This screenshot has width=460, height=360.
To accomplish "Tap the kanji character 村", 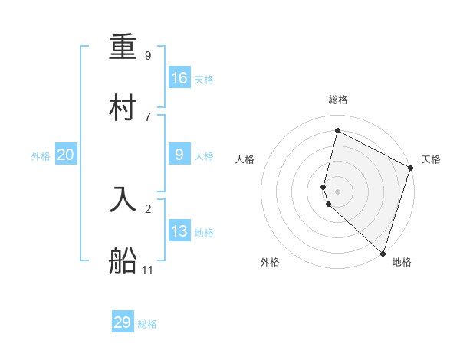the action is click(123, 108).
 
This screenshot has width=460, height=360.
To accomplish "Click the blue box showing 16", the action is click(179, 77).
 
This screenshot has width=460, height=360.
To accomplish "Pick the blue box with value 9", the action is click(179, 154).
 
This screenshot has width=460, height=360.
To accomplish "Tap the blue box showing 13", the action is click(179, 231).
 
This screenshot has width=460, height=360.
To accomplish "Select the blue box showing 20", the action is click(66, 155).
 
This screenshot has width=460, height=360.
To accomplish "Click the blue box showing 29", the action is click(123, 322).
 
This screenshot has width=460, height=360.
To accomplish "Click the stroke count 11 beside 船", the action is click(148, 270).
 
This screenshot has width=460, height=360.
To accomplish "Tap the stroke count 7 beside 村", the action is click(148, 116).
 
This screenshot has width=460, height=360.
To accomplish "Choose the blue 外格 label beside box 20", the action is click(41, 156).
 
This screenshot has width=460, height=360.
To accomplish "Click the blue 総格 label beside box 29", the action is click(147, 324).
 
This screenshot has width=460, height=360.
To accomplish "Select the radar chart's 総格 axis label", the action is click(338, 100).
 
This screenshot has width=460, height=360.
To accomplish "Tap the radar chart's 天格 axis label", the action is click(432, 159).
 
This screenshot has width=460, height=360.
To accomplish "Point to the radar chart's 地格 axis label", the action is click(402, 263).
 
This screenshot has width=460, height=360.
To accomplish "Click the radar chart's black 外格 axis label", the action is click(270, 263).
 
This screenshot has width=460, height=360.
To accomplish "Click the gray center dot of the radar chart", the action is click(338, 191).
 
